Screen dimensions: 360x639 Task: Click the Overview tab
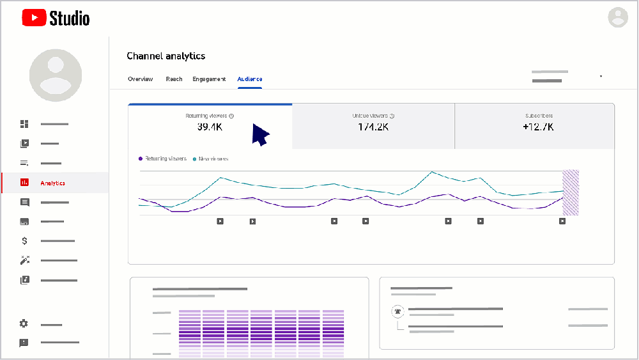pyautogui.click(x=140, y=79)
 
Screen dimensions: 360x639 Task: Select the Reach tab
pyautogui.click(x=174, y=79)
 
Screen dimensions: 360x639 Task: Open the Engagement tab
pyautogui.click(x=209, y=79)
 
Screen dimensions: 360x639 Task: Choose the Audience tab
pyautogui.click(x=249, y=79)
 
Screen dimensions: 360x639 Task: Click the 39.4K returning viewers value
pyautogui.click(x=210, y=127)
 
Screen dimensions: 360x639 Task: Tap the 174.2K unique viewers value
pyautogui.click(x=373, y=127)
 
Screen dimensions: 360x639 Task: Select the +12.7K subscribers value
pyautogui.click(x=538, y=127)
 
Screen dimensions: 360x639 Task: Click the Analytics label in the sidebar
pyautogui.click(x=52, y=184)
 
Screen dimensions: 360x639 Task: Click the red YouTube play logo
pyautogui.click(x=34, y=18)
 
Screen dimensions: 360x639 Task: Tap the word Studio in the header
pyautogui.click(x=70, y=19)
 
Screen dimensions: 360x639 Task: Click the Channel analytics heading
pyautogui.click(x=166, y=56)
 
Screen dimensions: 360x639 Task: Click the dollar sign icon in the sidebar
pyautogui.click(x=24, y=241)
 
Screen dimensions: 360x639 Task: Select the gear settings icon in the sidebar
pyautogui.click(x=24, y=324)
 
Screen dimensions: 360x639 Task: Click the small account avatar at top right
pyautogui.click(x=618, y=17)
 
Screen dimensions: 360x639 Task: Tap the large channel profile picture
pyautogui.click(x=56, y=75)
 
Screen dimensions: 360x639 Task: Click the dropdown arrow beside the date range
pyautogui.click(x=601, y=77)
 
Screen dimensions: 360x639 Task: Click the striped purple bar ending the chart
pyautogui.click(x=570, y=192)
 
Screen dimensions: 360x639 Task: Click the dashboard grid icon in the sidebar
pyautogui.click(x=24, y=123)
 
